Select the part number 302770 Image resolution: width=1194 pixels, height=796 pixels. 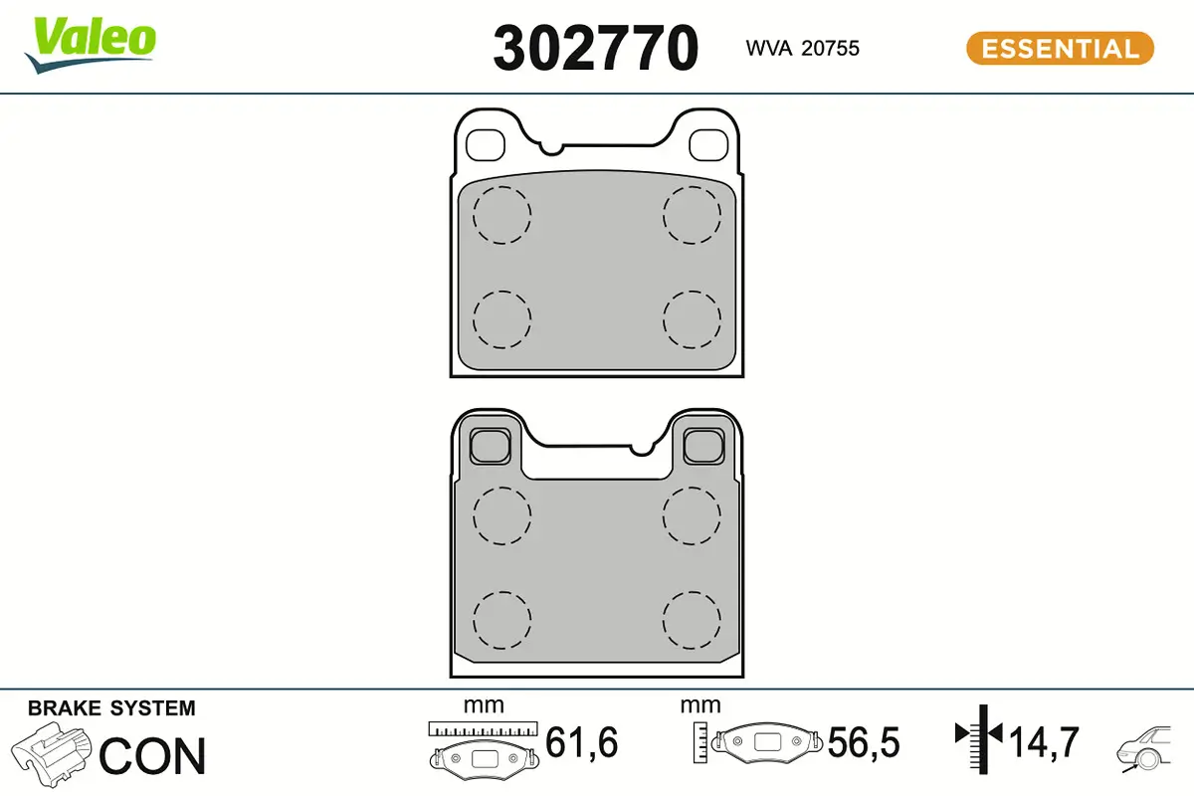point(595,48)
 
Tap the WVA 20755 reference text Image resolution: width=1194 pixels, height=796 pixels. point(802,48)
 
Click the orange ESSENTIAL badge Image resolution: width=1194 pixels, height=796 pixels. point(1060,48)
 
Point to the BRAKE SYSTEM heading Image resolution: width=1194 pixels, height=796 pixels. point(111,708)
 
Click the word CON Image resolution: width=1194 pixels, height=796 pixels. point(153,756)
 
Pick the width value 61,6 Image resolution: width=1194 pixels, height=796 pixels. point(582,742)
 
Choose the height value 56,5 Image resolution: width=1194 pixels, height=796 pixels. point(864,742)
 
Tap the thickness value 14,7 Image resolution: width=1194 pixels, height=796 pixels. point(1044,742)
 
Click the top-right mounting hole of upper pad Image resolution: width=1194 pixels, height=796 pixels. point(707,143)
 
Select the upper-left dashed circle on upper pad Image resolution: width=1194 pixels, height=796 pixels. point(501,215)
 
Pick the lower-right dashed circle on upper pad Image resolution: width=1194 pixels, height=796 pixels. point(693,319)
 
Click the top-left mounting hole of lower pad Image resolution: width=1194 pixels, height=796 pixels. point(488,444)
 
